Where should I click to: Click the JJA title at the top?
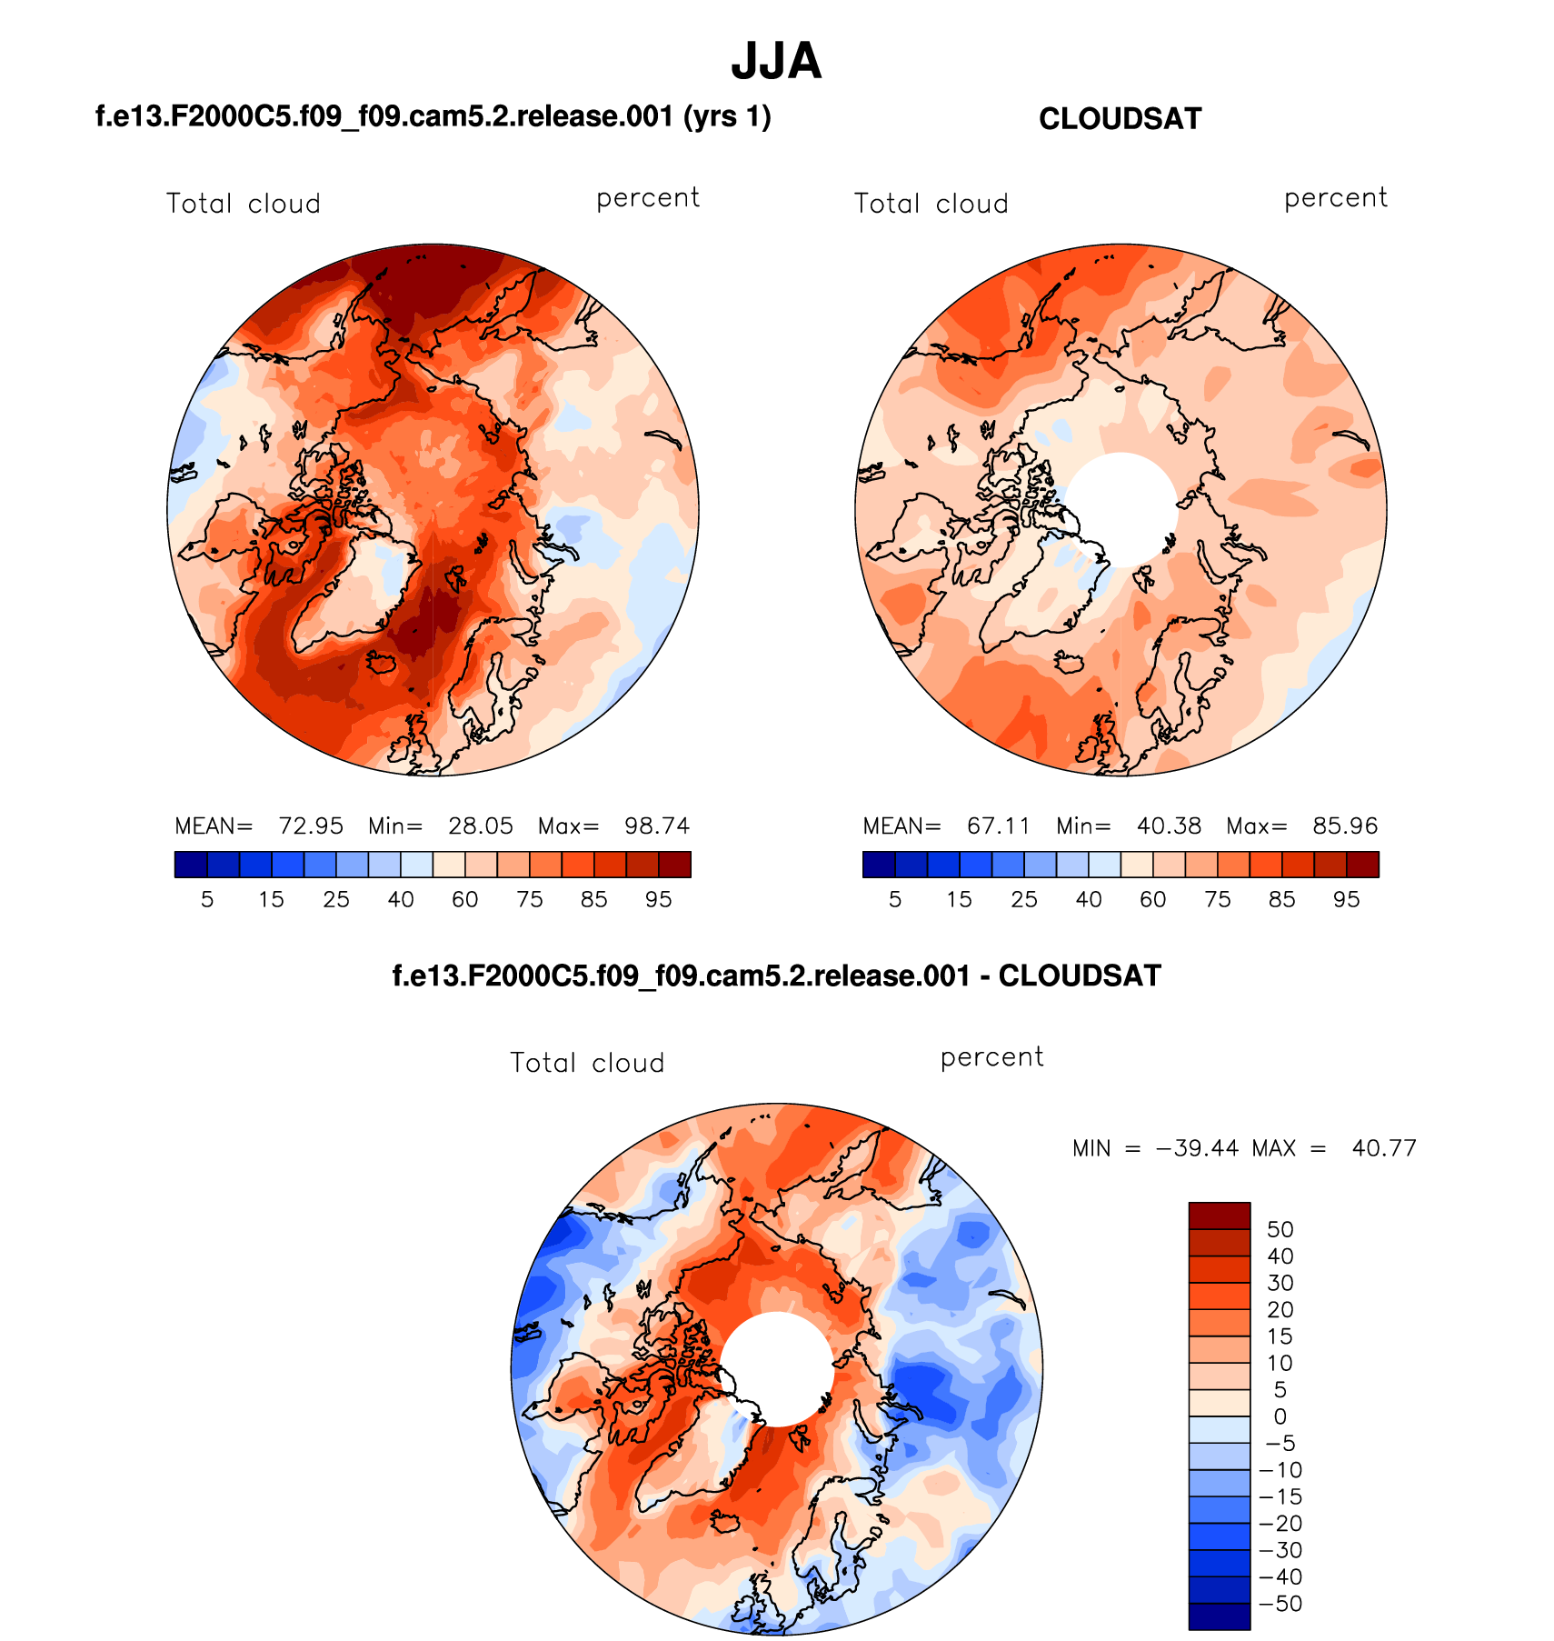coord(776,62)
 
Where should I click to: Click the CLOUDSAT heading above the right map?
coord(1120,119)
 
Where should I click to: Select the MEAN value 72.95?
coord(311,826)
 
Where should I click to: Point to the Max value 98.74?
coord(657,826)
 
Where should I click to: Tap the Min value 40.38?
coord(1169,826)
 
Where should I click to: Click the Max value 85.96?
coord(1345,826)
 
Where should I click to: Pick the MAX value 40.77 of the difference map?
coord(1384,1148)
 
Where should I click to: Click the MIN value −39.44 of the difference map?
coord(1197,1148)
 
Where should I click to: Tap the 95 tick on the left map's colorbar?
coord(658,900)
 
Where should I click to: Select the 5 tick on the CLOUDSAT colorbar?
coord(895,900)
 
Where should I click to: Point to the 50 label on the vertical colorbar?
coord(1280,1229)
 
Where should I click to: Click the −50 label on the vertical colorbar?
coord(1280,1604)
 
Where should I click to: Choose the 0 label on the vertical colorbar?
coord(1280,1416)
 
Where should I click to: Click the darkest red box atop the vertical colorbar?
coord(1219,1216)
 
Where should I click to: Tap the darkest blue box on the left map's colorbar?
coord(191,864)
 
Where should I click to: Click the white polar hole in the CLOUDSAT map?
coord(1121,509)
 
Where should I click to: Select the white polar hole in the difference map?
coord(777,1369)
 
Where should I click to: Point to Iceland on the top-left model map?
coord(382,662)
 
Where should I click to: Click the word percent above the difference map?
coord(991,1057)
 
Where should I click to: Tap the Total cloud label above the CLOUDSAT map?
coord(931,204)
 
